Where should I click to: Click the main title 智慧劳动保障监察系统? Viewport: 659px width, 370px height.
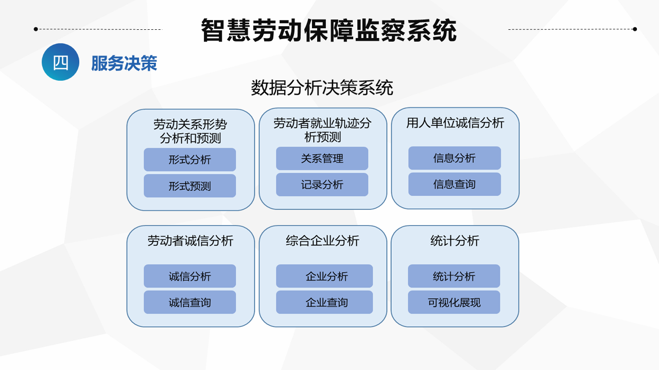point(328,30)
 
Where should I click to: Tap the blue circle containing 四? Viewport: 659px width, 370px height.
point(60,62)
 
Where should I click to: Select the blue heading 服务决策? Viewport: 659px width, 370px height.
point(124,63)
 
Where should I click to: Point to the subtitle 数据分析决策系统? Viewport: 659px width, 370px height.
point(322,87)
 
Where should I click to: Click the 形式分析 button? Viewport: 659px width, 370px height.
point(190,159)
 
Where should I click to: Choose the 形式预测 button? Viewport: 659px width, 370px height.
point(190,186)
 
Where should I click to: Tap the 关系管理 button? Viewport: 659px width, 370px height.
point(322,159)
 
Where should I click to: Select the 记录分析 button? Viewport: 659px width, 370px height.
point(322,184)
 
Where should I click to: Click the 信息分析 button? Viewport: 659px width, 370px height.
point(455,158)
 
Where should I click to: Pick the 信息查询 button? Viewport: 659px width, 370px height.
point(455,184)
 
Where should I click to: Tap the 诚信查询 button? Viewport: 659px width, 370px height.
point(190,302)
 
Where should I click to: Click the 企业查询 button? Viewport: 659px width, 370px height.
point(324,302)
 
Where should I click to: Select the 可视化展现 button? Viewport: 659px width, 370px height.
point(454,302)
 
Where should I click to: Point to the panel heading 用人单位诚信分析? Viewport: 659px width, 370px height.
point(455,123)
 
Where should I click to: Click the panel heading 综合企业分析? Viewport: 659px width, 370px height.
point(322,241)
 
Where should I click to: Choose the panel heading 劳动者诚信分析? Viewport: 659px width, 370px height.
point(190,241)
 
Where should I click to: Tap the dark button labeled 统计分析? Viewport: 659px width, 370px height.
point(454,276)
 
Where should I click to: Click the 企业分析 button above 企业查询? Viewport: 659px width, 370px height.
point(324,276)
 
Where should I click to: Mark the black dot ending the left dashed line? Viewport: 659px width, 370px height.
point(36,29)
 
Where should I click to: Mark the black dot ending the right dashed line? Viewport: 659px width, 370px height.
point(635,29)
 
